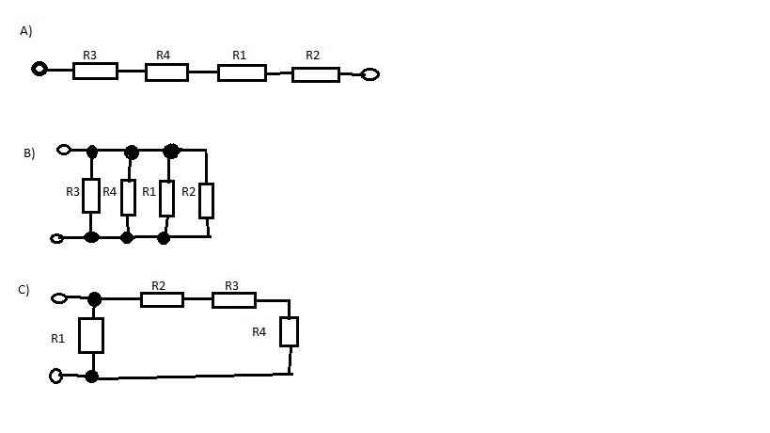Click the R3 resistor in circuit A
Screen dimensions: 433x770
(x=95, y=71)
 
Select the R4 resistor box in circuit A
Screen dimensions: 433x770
(x=166, y=72)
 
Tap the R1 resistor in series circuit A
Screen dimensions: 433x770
(x=242, y=72)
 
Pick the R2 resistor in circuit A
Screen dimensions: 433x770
(x=315, y=74)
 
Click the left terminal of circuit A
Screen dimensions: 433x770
(x=39, y=69)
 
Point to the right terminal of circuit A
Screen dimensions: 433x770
(x=370, y=74)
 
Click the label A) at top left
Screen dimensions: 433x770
(x=26, y=31)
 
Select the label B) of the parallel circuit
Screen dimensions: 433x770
(x=29, y=152)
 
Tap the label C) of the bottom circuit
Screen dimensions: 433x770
(x=24, y=290)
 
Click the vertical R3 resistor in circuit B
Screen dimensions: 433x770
(x=91, y=195)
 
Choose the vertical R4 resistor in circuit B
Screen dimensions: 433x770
(x=129, y=197)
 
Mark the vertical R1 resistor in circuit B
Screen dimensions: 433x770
(x=166, y=198)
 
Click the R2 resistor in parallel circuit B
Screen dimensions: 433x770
(x=206, y=200)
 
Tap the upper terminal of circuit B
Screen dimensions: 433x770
(x=64, y=149)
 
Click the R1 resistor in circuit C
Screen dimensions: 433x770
(x=91, y=335)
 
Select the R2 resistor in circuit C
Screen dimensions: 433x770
(x=162, y=299)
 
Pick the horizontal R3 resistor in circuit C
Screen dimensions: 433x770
(x=233, y=299)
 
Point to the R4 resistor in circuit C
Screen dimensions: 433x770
(x=289, y=331)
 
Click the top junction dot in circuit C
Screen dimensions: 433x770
(x=94, y=299)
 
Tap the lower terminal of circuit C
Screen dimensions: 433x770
(x=56, y=377)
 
